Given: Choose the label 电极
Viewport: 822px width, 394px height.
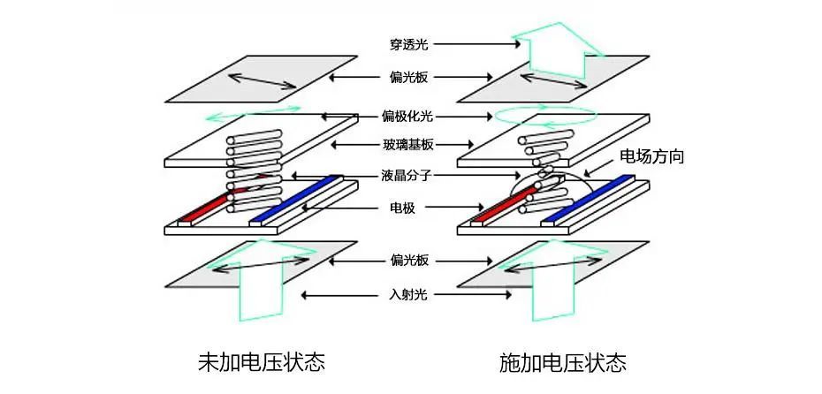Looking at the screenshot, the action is (403, 208).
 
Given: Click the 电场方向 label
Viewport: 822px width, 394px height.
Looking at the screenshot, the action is (651, 156).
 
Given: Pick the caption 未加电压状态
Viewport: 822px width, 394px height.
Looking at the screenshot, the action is (262, 362).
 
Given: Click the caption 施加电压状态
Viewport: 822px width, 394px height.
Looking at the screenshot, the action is (563, 362).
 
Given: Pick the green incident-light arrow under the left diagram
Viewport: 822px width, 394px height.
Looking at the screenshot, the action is (261, 280).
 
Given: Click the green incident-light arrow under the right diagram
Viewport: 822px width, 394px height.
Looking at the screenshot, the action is (554, 280).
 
